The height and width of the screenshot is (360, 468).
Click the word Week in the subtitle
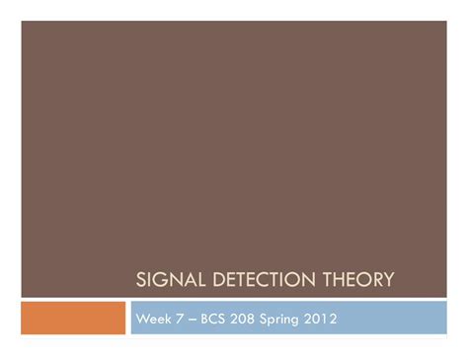154,319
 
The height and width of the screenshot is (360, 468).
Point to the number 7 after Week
180,319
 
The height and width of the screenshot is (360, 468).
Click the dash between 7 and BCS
191,319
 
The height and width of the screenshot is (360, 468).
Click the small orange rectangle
73,318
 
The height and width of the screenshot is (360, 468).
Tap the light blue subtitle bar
395,318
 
